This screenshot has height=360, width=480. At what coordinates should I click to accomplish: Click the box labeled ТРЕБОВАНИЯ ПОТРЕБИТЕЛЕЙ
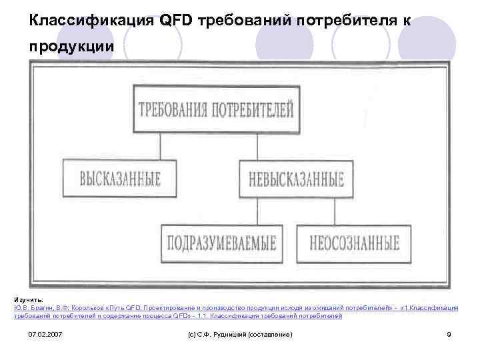215,109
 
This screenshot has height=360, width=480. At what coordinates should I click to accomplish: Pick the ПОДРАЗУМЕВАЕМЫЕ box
221,243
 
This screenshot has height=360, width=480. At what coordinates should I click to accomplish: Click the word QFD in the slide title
175,21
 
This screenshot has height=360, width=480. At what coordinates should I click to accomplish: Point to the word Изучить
28,300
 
